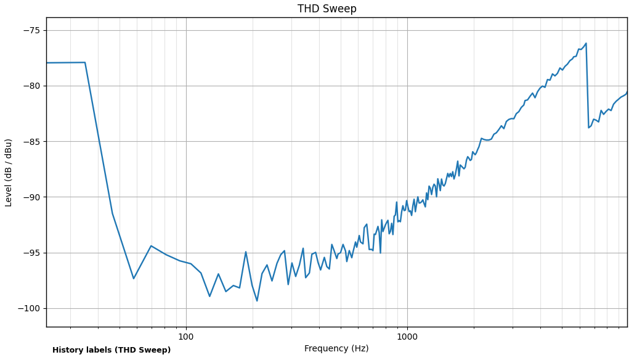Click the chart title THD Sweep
pyautogui.click(x=327, y=9)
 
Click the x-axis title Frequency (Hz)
pyautogui.click(x=336, y=349)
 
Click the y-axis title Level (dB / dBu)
pyautogui.click(x=9, y=173)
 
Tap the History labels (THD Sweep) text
pyautogui.click(x=112, y=350)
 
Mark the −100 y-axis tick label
pyautogui.click(x=28, y=308)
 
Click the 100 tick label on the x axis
pyautogui.click(x=186, y=337)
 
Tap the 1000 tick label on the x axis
pyautogui.click(x=407, y=337)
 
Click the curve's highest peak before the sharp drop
pyautogui.click(x=586, y=43)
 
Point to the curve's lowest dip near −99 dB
pyautogui.click(x=257, y=301)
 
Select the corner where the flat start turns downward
pyautogui.click(x=85, y=62)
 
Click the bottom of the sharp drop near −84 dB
pyautogui.click(x=589, y=128)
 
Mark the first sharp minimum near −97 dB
pyautogui.click(x=133, y=278)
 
